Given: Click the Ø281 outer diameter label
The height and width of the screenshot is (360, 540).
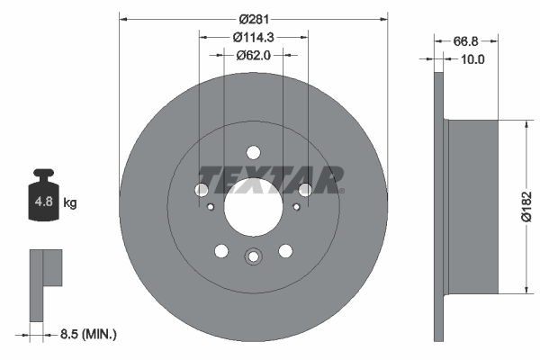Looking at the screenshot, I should coord(253,17).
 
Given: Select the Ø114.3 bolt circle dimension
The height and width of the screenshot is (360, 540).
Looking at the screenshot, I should coord(253,37).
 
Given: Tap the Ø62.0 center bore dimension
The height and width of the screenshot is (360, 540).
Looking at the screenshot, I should coord(253,55).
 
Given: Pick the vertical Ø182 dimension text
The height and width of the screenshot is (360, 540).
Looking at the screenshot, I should coord(528,208).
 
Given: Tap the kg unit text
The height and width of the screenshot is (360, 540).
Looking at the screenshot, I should coord(70,203).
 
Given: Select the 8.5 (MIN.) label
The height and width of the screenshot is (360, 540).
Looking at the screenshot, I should coord(86,335).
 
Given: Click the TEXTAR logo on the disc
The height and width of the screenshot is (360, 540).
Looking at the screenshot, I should coord(270,178).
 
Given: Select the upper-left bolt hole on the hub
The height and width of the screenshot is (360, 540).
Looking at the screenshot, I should coord(201,189).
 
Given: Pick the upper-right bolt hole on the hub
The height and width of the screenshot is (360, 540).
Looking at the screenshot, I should coord(305,189).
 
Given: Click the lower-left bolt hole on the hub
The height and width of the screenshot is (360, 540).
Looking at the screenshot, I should coord(220,251).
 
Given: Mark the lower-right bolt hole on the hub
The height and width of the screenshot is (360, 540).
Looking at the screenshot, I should coord(285,251).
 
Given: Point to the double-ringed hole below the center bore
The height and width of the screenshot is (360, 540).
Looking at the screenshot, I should coord(253,257).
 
